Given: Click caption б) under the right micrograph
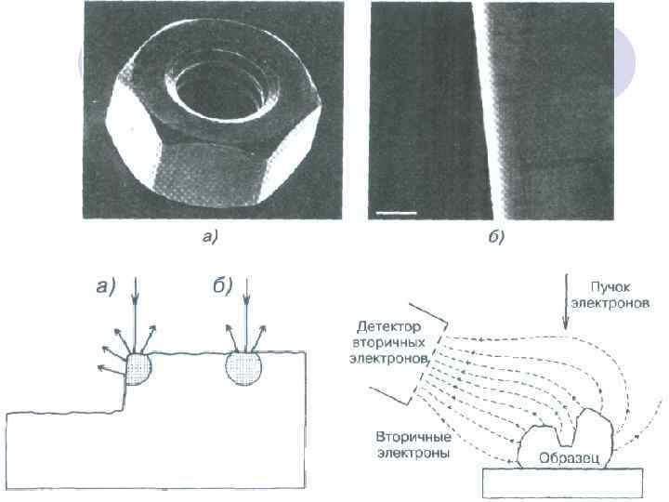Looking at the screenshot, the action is pos(496,238).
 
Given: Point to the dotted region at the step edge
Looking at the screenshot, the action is pos(138,367).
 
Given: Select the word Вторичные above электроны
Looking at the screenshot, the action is pos(413,436).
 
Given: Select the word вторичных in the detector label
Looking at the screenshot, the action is pos(391,342).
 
